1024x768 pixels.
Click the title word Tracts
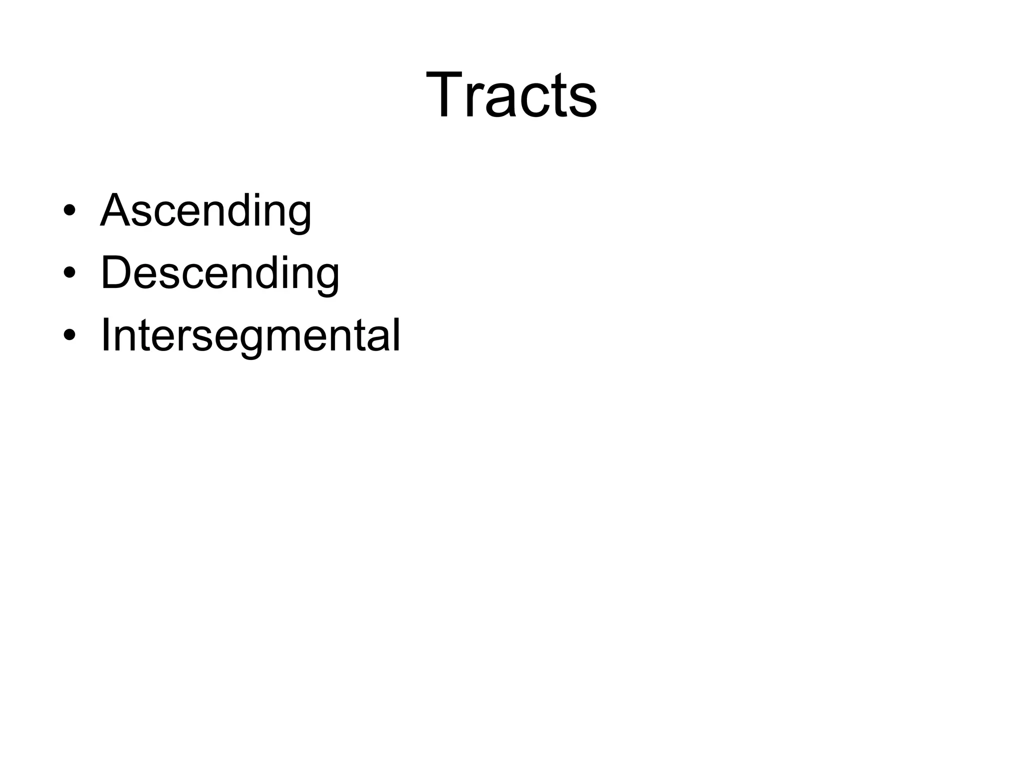click(511, 95)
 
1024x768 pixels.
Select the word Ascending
click(206, 211)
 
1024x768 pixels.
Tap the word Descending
click(220, 273)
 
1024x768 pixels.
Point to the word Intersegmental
click(250, 335)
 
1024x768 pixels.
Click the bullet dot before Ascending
click(70, 210)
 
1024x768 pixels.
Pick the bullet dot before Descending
click(70, 272)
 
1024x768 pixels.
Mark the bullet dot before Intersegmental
click(70, 334)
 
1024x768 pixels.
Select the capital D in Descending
click(117, 272)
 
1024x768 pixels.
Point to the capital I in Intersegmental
click(105, 334)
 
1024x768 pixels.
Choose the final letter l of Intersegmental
click(397, 334)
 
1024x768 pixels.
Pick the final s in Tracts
click(583, 100)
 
